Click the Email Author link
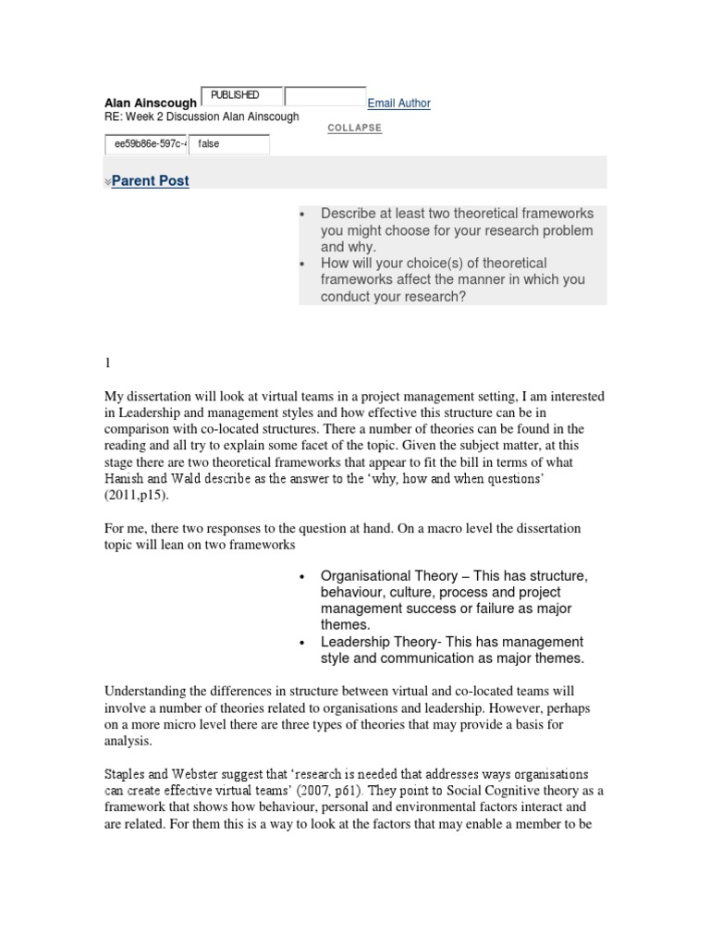(398, 104)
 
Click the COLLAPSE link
(354, 128)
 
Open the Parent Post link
(150, 181)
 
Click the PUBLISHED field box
(240, 96)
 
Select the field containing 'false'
(229, 144)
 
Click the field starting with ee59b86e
(146, 144)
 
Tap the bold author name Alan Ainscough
(151, 104)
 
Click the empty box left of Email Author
(324, 96)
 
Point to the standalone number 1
(107, 365)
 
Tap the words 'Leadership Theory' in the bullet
(376, 642)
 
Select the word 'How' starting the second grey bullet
(335, 264)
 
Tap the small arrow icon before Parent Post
(107, 183)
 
